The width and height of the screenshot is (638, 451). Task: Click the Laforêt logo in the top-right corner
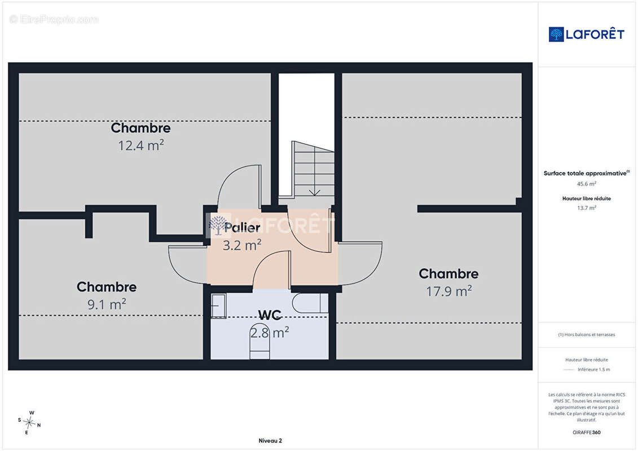tap(586, 34)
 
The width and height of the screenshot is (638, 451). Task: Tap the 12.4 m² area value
tap(141, 145)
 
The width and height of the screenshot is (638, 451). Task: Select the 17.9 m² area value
tap(449, 291)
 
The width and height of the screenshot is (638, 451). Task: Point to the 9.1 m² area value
tap(107, 304)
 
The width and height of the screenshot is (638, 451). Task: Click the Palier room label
tap(242, 227)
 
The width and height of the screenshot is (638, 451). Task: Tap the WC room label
tap(270, 315)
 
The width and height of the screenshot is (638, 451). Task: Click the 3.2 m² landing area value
tap(242, 245)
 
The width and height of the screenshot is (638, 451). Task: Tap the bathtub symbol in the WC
tap(310, 303)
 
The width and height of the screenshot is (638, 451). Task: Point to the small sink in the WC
tap(218, 306)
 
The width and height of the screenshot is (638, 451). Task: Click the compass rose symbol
tap(29, 423)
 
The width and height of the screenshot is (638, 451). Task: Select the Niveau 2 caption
tap(270, 440)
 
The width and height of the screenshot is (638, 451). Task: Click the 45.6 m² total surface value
tap(586, 184)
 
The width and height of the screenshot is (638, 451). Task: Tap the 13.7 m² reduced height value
tap(586, 208)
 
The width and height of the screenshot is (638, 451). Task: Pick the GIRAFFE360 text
tap(586, 432)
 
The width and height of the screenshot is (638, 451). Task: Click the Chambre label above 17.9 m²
tap(449, 273)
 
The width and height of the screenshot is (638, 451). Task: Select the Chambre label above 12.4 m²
tap(141, 128)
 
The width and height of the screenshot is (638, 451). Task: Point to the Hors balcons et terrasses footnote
tap(586, 335)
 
